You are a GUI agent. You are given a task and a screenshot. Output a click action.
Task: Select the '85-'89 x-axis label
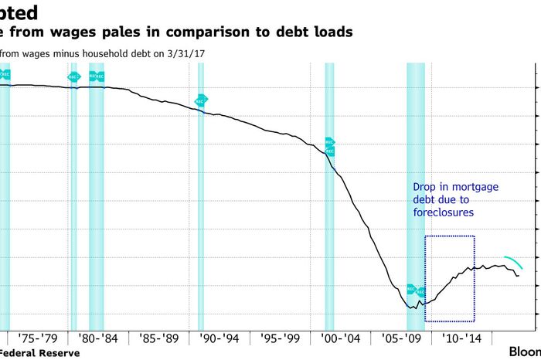coord(159,338)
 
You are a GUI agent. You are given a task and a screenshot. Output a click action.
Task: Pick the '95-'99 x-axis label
coord(280,338)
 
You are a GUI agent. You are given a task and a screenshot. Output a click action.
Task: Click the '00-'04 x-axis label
coord(341,338)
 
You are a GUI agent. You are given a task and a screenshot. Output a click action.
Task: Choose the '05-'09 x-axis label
coord(402,338)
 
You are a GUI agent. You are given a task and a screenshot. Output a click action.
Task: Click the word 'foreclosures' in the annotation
coord(442,212)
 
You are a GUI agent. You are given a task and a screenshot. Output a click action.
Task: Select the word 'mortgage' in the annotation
coord(476,187)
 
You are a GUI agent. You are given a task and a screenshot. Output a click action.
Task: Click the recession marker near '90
coord(201,100)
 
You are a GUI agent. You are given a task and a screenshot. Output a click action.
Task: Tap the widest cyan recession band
coord(416,193)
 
